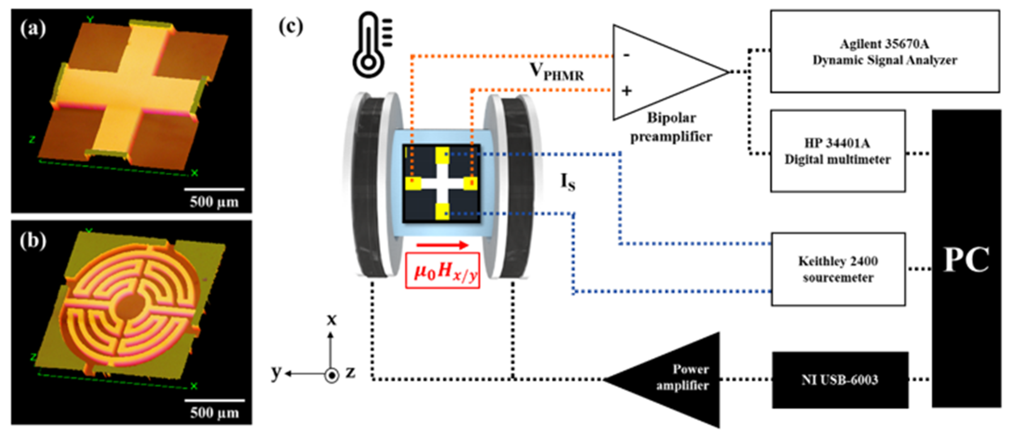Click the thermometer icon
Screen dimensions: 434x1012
click(x=369, y=45)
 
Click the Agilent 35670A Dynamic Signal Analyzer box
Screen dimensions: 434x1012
click(x=884, y=51)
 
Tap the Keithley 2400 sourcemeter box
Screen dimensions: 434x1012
click(x=838, y=269)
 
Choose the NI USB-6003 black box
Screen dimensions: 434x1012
click(x=840, y=380)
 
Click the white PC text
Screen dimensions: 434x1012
click(x=966, y=260)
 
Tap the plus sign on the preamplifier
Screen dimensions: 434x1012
click(x=627, y=91)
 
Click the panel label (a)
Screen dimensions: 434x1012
click(x=33, y=29)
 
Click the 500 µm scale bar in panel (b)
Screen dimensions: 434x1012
click(x=215, y=401)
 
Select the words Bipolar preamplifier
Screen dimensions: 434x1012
click(x=671, y=127)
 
